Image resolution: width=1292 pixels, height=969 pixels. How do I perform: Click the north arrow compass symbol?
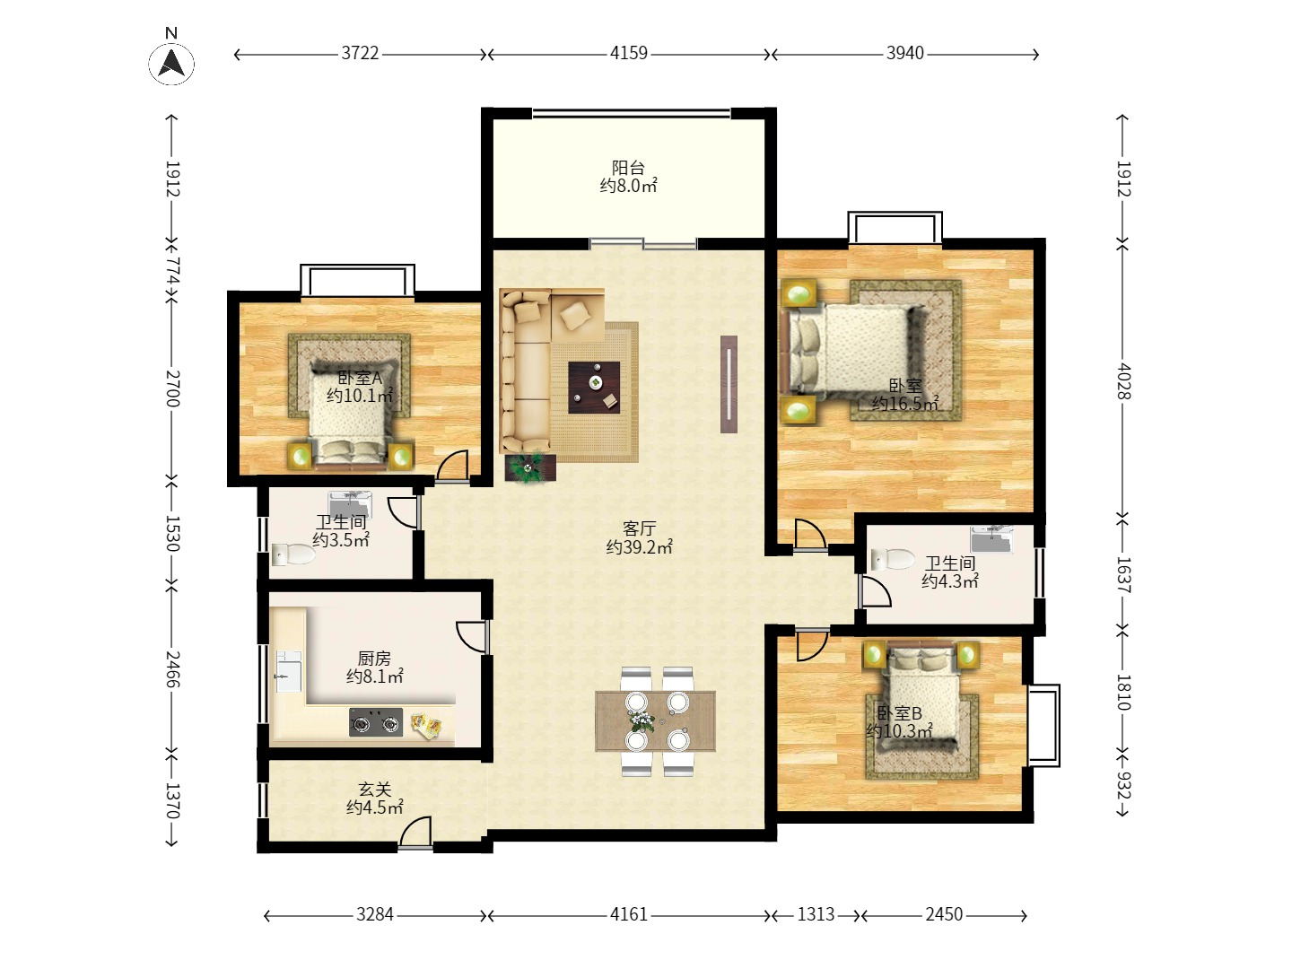170,64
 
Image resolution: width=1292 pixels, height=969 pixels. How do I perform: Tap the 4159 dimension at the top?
629,54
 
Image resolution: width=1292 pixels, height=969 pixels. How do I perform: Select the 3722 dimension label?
360,54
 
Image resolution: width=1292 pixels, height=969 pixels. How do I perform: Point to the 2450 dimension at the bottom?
944,914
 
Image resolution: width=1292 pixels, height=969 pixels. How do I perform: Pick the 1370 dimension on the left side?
172,800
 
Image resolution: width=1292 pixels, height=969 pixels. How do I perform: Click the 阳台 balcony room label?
628,168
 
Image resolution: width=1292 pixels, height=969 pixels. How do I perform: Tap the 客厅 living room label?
639,528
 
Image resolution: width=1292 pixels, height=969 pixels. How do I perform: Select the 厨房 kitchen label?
374,658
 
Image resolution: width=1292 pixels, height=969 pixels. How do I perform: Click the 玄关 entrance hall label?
375,789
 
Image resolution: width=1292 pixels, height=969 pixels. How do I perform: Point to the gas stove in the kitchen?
376,722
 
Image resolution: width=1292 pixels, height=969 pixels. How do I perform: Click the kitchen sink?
288,671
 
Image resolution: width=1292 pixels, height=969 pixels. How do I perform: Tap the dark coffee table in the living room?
594,387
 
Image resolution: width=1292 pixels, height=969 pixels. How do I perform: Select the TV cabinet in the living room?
729,384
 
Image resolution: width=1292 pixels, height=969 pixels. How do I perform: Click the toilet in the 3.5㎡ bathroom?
293,554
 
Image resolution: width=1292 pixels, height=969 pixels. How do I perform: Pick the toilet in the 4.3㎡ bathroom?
892,560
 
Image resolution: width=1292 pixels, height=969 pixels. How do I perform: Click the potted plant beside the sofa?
529,467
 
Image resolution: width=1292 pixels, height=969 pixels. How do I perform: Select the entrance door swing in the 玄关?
415,832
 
